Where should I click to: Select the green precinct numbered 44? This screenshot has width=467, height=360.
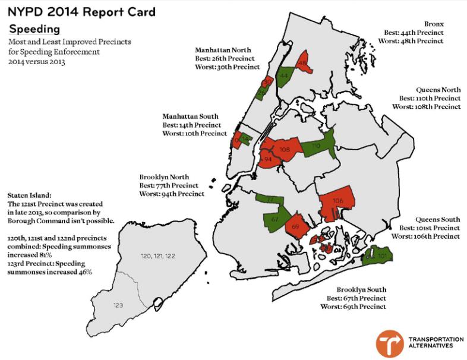coord(284,77)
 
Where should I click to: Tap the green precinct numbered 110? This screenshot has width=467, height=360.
coord(317,146)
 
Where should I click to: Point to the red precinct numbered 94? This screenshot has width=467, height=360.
coord(268,160)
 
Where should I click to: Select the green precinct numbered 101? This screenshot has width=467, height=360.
coord(380,256)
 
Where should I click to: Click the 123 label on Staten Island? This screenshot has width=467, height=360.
coord(118,305)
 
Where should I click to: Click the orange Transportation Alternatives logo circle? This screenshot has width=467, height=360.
coord(389,343)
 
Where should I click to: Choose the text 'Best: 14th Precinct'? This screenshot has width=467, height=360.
coord(191,125)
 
